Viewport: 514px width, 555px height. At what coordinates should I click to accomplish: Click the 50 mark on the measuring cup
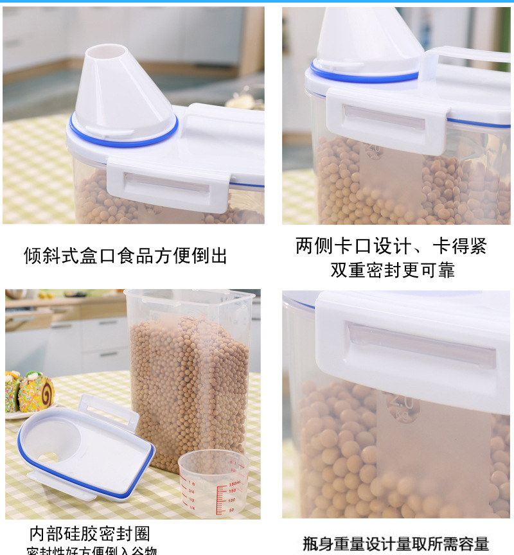(232, 509)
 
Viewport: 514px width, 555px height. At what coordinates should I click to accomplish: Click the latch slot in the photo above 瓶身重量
(421, 344)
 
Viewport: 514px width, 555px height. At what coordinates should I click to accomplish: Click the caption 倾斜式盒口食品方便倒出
(126, 256)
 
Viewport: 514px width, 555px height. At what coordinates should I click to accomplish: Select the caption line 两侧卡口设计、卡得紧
(391, 246)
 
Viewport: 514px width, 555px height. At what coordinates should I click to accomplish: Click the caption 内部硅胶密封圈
(89, 534)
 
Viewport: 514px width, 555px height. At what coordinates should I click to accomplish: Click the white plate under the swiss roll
(26, 414)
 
